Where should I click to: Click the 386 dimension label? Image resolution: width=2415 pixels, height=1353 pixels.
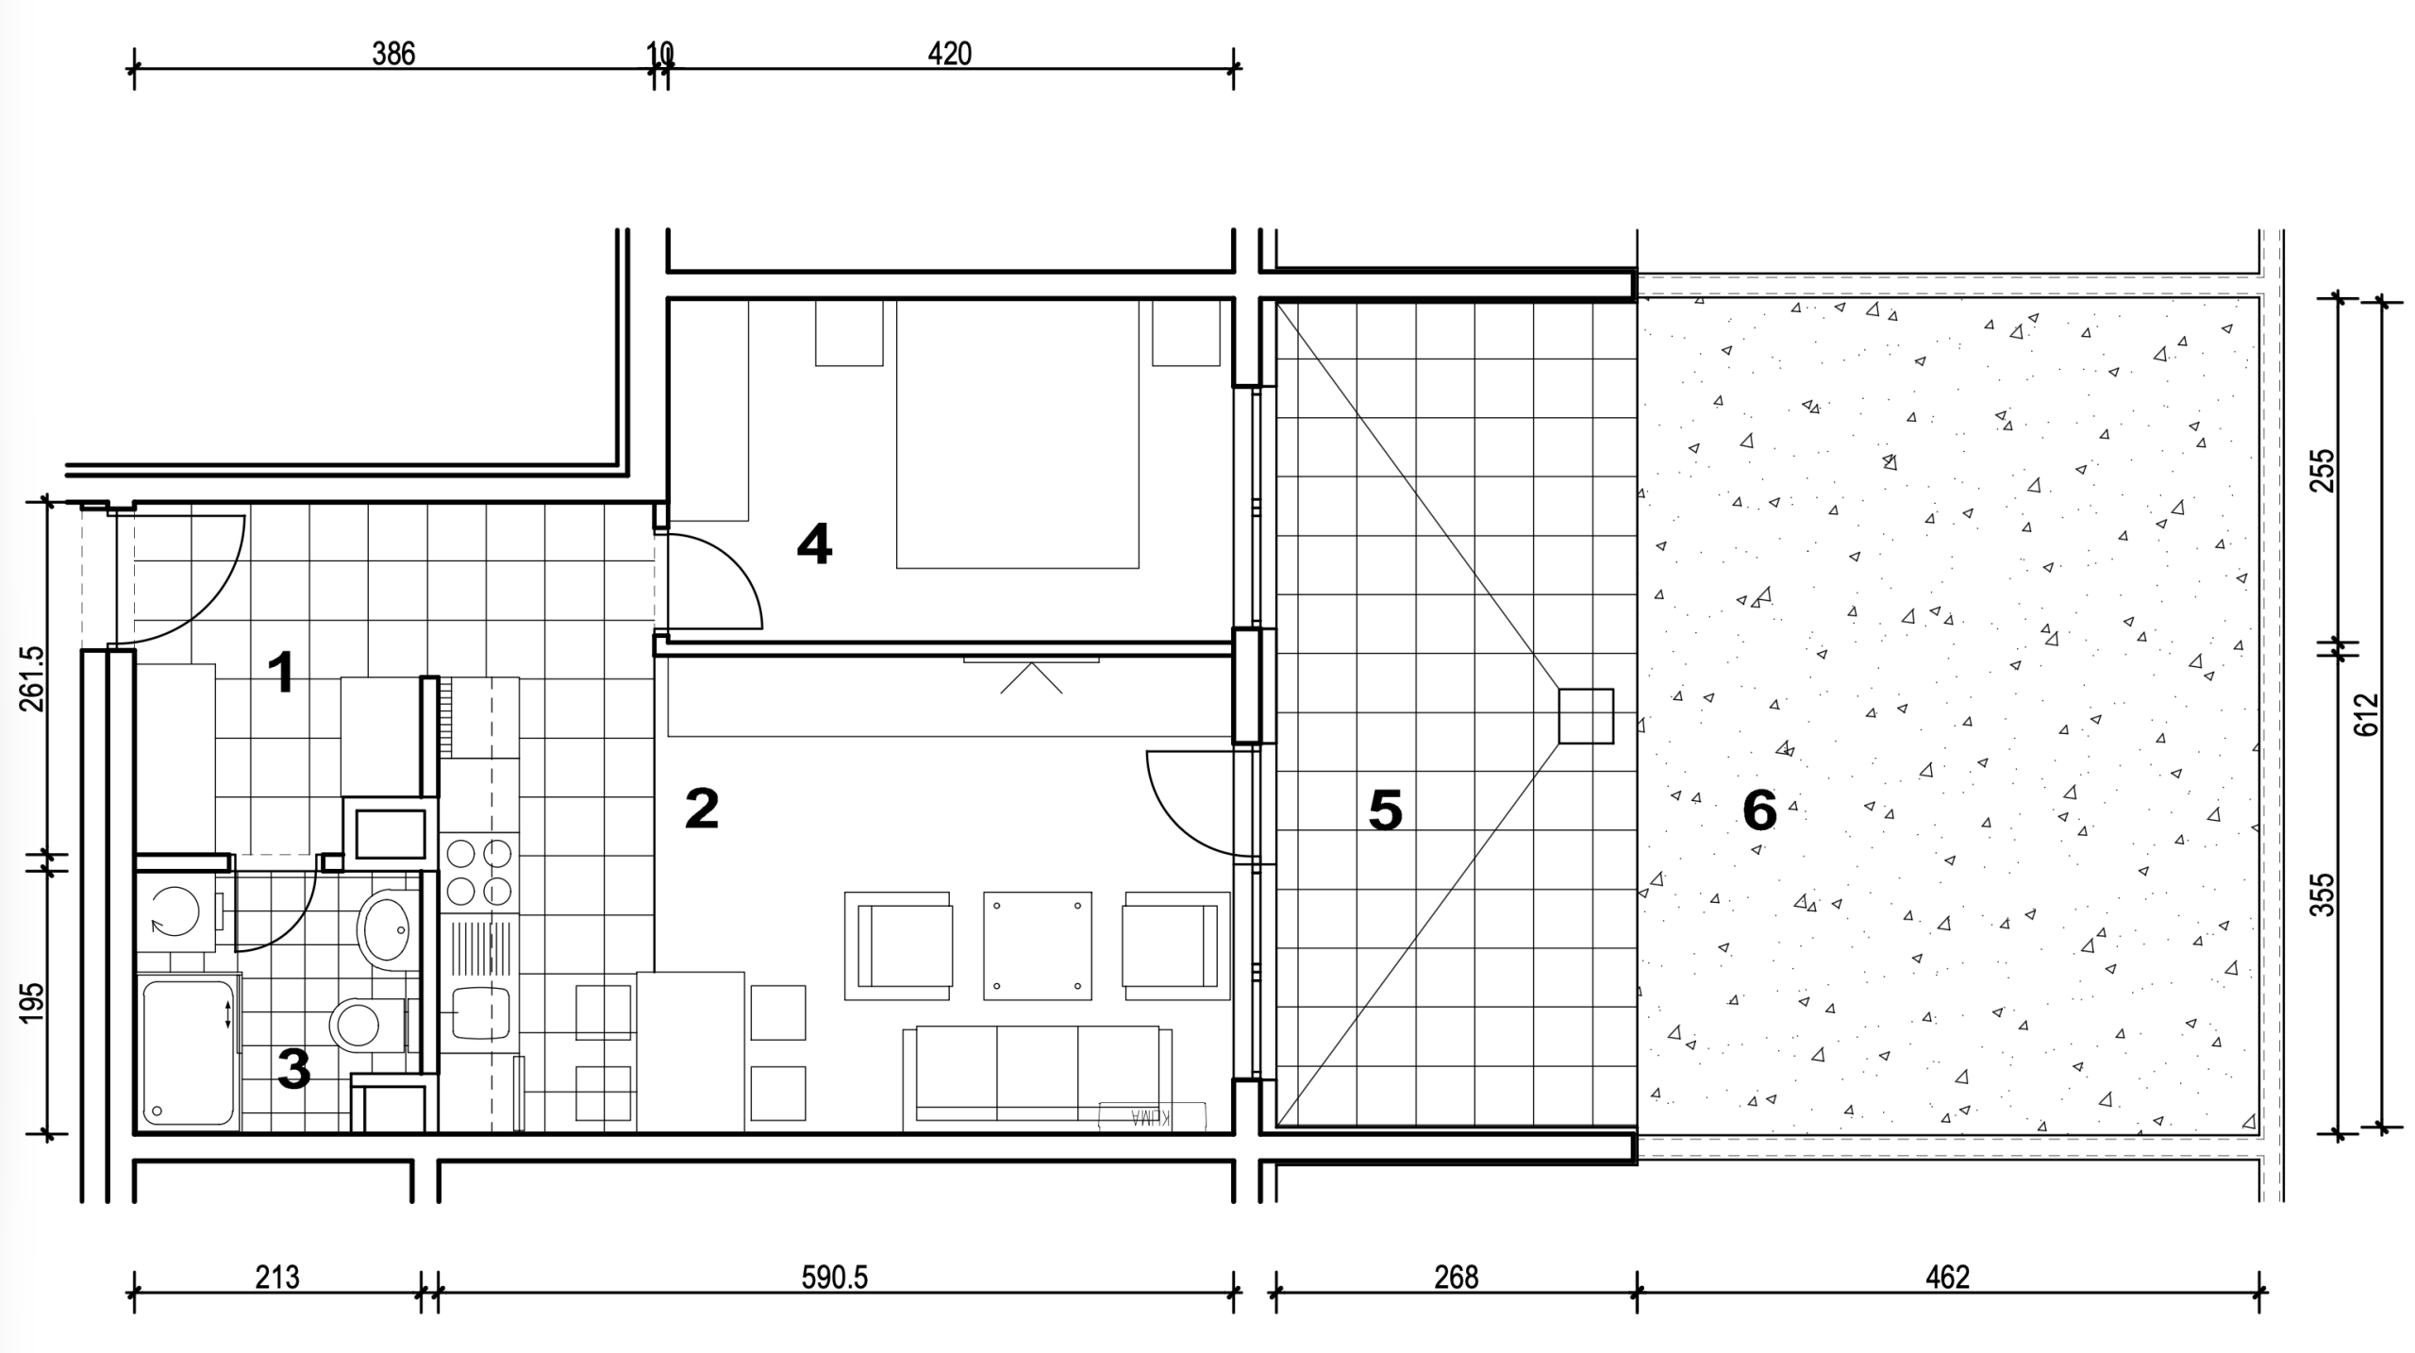click(x=393, y=54)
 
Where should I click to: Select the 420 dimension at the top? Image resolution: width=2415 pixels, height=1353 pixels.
click(x=949, y=54)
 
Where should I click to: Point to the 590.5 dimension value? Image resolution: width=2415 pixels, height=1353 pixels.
click(x=834, y=1278)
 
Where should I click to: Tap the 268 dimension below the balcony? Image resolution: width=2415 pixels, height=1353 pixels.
click(x=1456, y=1278)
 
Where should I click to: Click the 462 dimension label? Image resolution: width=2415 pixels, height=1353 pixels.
click(x=1947, y=1278)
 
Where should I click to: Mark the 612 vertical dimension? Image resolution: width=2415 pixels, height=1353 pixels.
click(x=2367, y=715)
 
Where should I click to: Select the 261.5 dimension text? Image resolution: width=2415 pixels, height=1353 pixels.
click(x=30, y=678)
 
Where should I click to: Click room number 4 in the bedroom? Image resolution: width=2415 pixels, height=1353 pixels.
click(x=814, y=544)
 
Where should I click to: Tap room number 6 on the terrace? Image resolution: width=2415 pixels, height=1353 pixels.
click(x=1759, y=810)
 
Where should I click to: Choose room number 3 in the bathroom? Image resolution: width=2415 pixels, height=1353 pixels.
click(x=293, y=1070)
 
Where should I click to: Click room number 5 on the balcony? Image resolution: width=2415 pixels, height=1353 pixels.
click(x=1385, y=810)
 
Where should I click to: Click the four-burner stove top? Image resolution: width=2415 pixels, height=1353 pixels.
click(x=479, y=872)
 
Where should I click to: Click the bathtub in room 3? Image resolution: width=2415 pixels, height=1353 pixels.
click(x=189, y=1052)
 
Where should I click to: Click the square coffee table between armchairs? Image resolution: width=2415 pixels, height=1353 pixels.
click(x=1038, y=945)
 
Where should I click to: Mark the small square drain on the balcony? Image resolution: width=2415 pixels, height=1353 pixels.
click(x=1585, y=716)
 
